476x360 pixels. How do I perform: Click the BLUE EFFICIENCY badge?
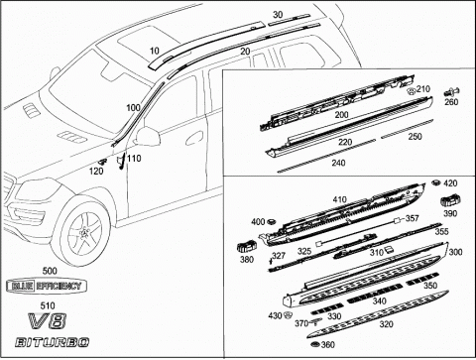47,286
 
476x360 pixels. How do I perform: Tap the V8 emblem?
48,320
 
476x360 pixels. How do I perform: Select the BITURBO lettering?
52,342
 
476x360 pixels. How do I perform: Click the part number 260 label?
451,101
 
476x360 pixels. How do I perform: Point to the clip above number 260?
451,91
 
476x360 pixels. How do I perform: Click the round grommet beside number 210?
411,91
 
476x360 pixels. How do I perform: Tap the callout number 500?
50,271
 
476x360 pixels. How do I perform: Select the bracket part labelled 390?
450,200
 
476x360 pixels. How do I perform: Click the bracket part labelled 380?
247,247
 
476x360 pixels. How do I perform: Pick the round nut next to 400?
272,221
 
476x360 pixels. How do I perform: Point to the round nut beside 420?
436,182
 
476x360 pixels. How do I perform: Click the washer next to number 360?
315,345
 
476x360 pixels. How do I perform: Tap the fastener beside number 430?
288,314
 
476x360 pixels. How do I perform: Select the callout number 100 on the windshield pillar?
133,108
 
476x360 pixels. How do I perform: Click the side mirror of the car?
147,136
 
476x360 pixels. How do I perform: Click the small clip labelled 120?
102,162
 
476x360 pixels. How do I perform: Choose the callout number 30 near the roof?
278,15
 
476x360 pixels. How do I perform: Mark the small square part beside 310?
389,249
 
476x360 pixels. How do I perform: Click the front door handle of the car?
194,139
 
